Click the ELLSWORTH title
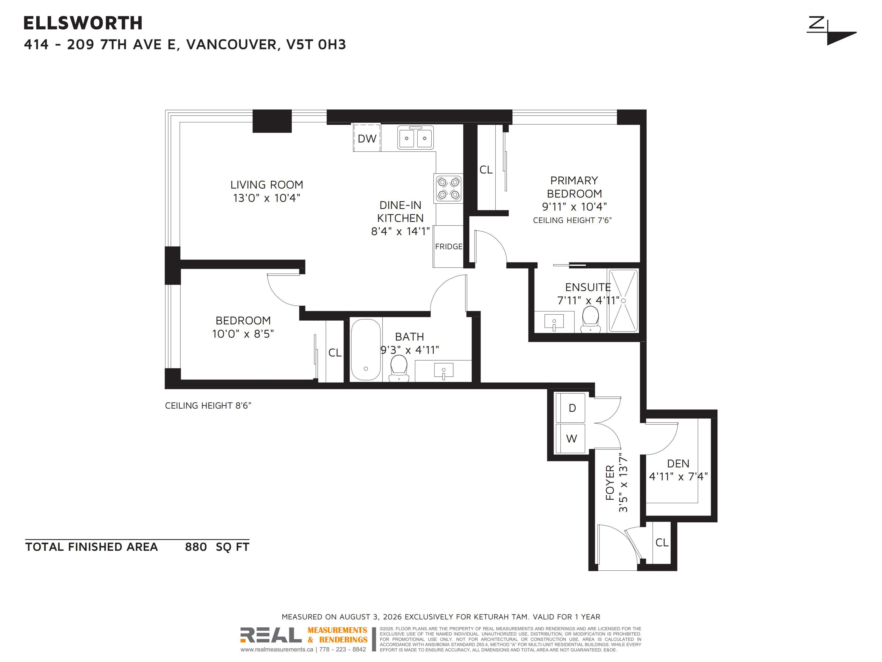[83, 23]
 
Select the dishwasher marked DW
[367, 138]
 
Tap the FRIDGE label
[449, 247]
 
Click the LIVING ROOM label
[267, 185]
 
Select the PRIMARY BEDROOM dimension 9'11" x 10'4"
[574, 207]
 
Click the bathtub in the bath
[366, 350]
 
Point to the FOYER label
[610, 482]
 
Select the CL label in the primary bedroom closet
[486, 170]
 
